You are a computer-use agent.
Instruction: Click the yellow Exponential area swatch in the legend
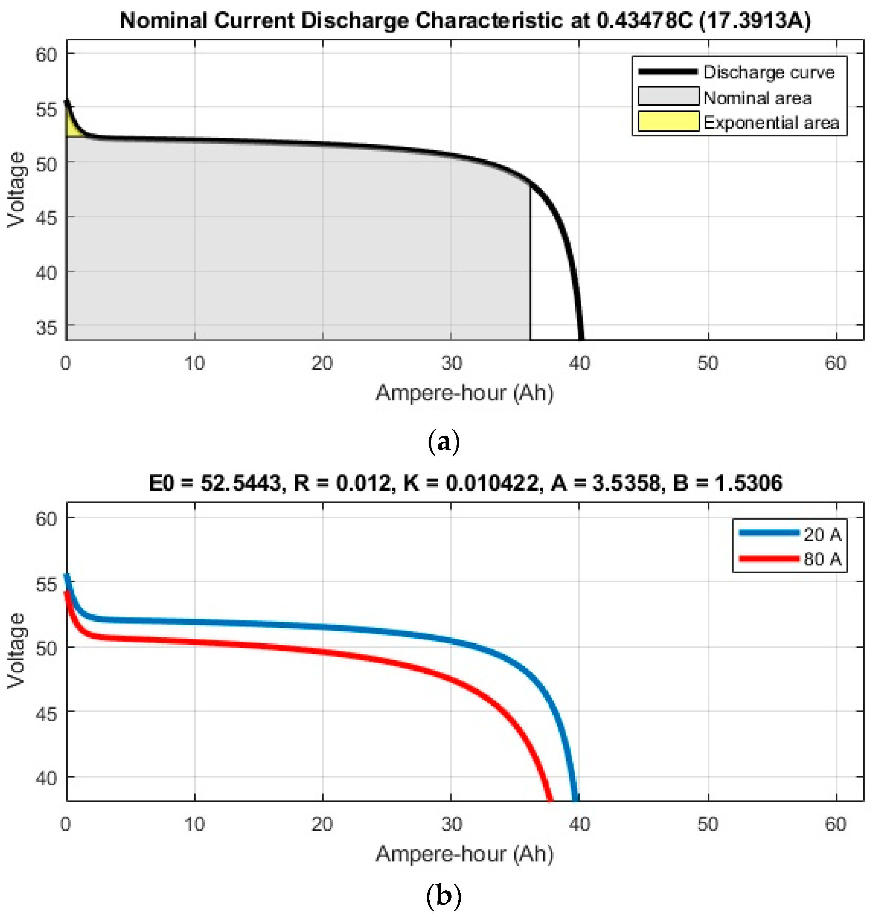[668, 122]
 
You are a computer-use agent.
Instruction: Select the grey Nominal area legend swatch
[668, 97]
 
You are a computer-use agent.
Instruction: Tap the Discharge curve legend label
[768, 72]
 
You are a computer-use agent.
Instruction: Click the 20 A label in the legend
[822, 535]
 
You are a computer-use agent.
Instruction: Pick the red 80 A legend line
[768, 558]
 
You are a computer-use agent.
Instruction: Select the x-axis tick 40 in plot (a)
[579, 363]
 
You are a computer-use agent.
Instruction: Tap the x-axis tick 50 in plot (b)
[707, 824]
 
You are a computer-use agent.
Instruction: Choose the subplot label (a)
[443, 441]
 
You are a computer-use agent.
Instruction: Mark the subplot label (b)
[443, 896]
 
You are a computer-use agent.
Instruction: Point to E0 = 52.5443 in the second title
[215, 483]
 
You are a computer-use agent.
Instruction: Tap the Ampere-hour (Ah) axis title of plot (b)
[464, 854]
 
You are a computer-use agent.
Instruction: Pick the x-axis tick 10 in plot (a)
[194, 363]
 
